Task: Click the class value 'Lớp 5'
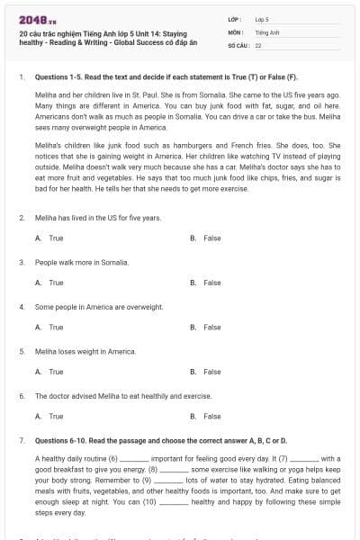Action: click(262, 18)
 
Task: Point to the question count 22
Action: click(258, 44)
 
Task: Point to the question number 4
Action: click(21, 307)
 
